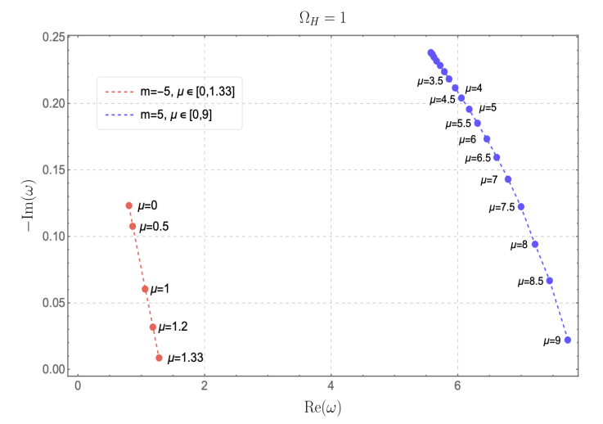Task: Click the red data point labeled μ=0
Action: [128, 205]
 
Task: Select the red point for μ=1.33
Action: [159, 358]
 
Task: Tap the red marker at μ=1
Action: [145, 289]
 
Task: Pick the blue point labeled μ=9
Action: [568, 341]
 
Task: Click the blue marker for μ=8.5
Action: [550, 281]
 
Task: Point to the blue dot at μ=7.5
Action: [521, 207]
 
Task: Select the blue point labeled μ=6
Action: [487, 139]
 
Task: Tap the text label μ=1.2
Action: [172, 327]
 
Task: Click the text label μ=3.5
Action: [430, 81]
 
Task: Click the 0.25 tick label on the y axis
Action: [55, 37]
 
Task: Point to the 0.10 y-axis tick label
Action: [55, 237]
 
